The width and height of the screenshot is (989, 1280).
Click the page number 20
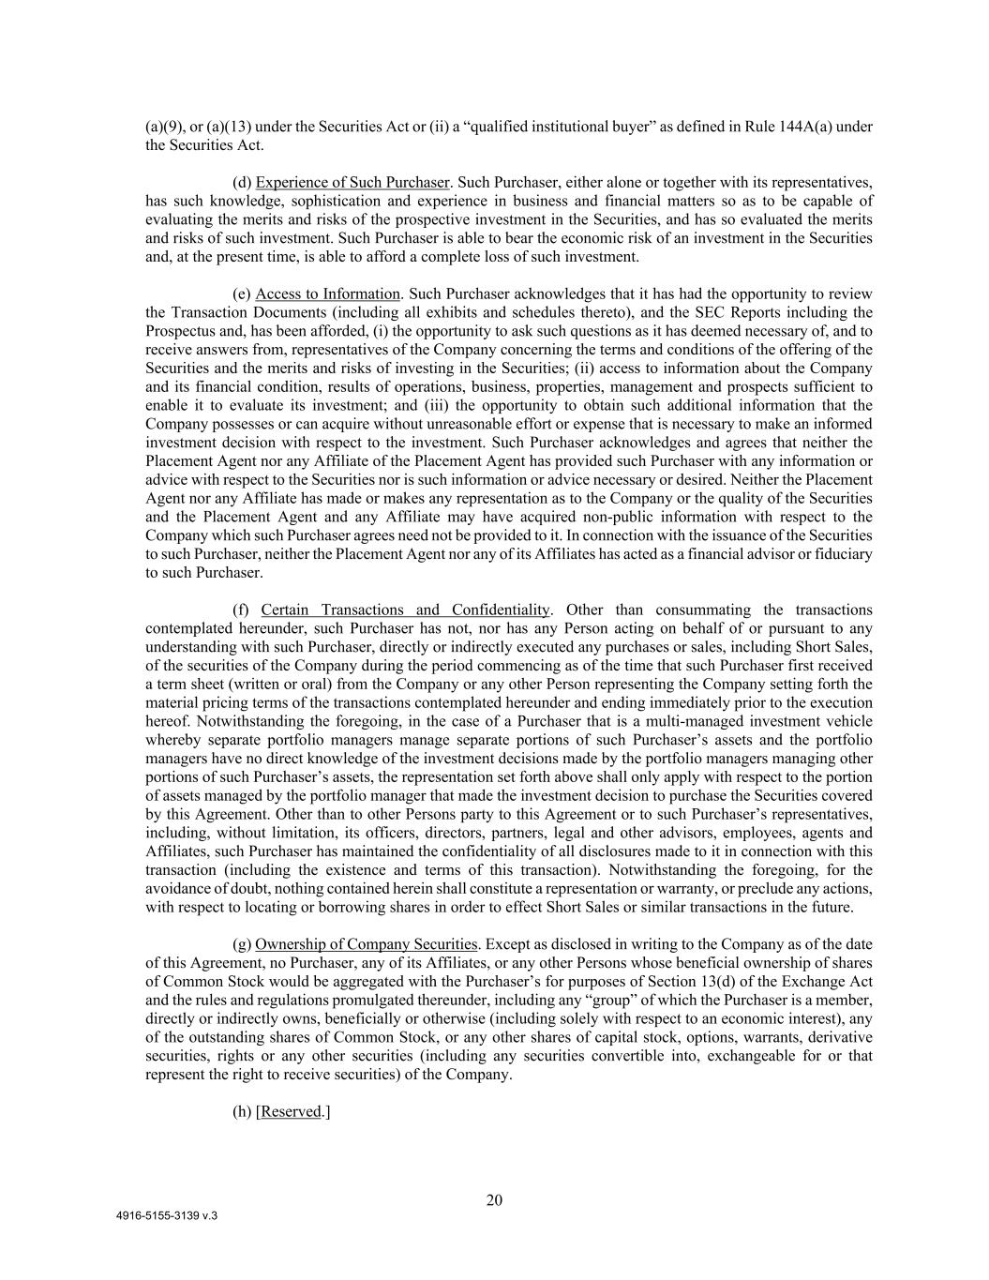point(494,1200)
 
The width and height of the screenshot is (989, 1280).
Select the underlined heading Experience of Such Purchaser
point(352,182)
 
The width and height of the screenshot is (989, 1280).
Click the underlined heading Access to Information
point(327,294)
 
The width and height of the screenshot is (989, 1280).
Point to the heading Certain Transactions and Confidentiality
point(405,610)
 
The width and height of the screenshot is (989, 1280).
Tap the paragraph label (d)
point(242,182)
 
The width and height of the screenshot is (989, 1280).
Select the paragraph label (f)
point(241,610)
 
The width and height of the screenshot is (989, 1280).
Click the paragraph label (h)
point(242,1111)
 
